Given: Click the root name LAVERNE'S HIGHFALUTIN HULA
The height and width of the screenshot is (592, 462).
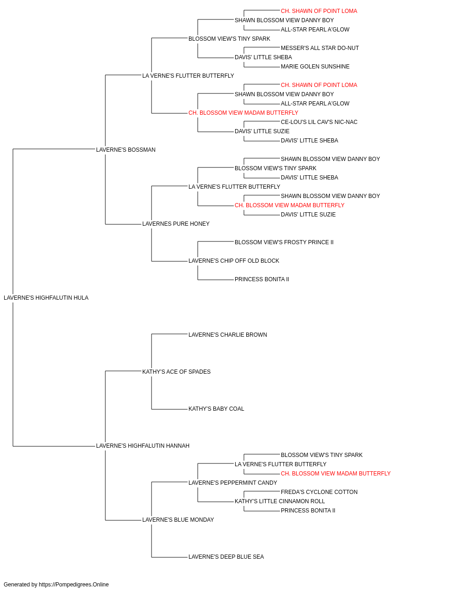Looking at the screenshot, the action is [x=46, y=298].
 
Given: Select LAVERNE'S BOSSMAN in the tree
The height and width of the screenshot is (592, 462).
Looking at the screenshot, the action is [x=126, y=149].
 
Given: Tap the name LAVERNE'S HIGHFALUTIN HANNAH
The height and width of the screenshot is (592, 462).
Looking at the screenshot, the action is [x=143, y=446].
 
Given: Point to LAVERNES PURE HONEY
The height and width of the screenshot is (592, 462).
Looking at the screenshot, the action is [x=176, y=224].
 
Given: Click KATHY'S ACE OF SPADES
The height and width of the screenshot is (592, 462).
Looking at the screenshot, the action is [x=176, y=371].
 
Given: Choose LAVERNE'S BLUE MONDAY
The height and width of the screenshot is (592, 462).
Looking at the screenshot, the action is [x=178, y=519].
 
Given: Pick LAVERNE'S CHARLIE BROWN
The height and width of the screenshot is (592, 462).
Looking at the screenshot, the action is [x=228, y=334].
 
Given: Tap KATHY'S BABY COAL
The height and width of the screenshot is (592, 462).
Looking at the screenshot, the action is [x=216, y=409].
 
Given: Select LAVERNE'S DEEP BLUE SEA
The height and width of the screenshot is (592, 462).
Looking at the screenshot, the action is [x=226, y=556].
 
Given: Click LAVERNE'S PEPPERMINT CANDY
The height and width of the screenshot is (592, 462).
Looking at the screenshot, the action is [x=233, y=482].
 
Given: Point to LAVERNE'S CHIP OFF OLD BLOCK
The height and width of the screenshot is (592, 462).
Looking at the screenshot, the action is [x=234, y=261].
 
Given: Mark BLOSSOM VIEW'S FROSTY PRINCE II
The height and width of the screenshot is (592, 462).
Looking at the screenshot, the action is [x=284, y=242].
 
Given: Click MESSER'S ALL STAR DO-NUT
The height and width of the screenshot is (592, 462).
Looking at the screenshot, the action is [x=320, y=48].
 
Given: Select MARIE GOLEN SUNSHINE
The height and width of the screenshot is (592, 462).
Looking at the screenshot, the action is [x=315, y=67].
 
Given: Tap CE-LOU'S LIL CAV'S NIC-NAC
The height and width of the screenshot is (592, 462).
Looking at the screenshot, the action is [x=319, y=122].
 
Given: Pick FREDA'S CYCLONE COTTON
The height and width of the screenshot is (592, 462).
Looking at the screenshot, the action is [x=319, y=492].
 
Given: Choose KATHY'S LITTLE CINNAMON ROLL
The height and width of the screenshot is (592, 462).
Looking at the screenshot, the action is [x=280, y=501].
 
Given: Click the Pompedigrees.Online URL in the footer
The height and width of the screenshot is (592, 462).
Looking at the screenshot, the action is [x=74, y=585].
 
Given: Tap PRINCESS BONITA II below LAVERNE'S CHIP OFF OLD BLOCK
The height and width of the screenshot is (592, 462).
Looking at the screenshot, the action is [x=262, y=279].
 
